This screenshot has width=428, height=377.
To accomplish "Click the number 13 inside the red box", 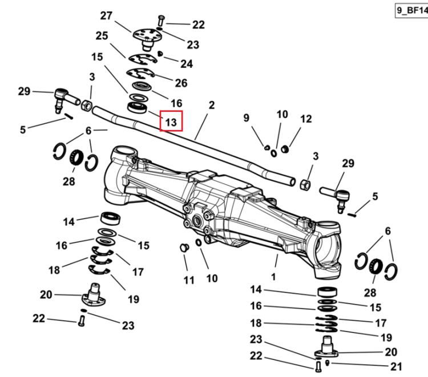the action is pos(171,122).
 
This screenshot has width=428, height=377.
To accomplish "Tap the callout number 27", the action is pos(106,15).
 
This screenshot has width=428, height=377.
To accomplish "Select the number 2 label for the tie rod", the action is pos(212,105).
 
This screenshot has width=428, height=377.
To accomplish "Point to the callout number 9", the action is pos(246,118).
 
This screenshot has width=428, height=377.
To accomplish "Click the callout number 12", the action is pos(306,119).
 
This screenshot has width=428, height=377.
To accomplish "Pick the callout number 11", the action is pos(189,280).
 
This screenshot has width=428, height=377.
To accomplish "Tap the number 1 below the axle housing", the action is pos(273,277).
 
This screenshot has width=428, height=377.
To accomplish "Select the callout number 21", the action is pos(397,367).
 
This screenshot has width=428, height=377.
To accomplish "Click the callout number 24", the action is pos(187,63).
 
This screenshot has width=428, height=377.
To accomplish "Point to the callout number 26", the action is pos(181,83).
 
